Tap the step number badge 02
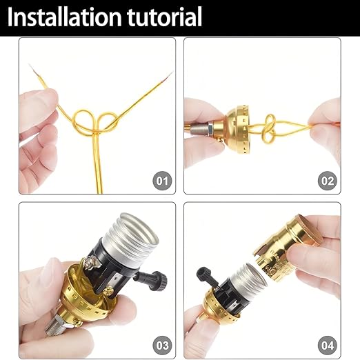tap(328, 181)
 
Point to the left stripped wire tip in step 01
tap(34, 70)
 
